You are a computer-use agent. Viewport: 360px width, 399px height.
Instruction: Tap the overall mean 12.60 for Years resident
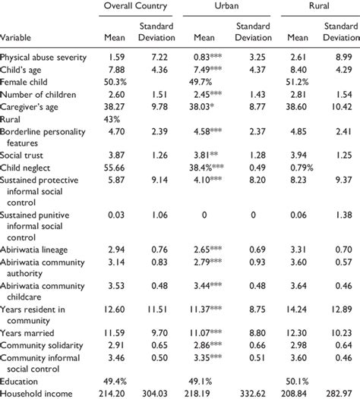point(112,309)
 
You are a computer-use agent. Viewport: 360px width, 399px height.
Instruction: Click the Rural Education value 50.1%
point(297,381)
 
